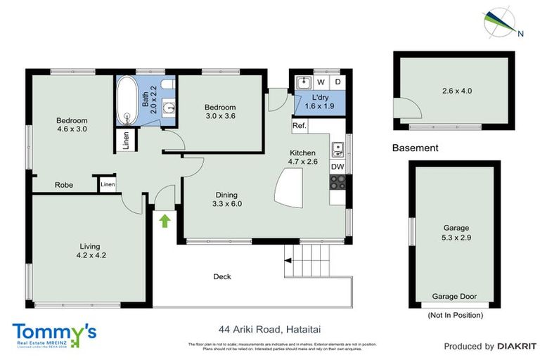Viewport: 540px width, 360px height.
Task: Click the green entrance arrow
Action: click(x=165, y=221)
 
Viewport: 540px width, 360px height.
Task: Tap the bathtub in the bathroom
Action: click(x=128, y=98)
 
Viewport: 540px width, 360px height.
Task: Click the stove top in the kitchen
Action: click(x=337, y=182)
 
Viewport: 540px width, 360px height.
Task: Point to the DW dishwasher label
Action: click(x=337, y=167)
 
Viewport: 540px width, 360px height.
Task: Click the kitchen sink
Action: click(x=337, y=148)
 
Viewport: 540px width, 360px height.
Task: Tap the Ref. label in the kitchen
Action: click(x=299, y=127)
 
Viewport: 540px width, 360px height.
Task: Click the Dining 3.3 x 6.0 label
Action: click(x=226, y=200)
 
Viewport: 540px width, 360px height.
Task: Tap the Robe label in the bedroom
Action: click(x=65, y=186)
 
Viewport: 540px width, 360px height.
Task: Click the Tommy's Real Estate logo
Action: click(x=54, y=334)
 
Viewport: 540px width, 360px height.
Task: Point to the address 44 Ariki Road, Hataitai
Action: click(x=269, y=328)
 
